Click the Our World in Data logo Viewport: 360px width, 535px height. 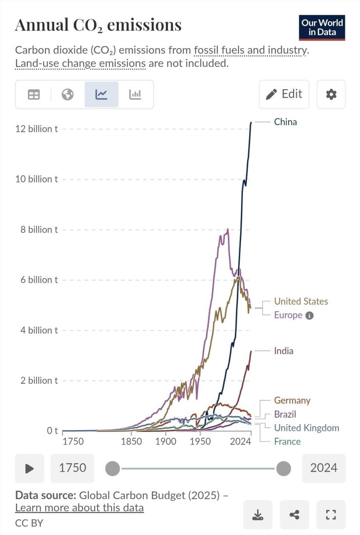pyautogui.click(x=322, y=28)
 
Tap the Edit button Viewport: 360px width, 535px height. pyautogui.click(x=284, y=94)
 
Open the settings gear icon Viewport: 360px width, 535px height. pyautogui.click(x=331, y=94)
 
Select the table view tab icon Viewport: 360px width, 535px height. pyautogui.click(x=34, y=94)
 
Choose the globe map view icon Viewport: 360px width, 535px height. pyautogui.click(x=68, y=94)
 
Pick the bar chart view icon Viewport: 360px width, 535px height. pyautogui.click(x=135, y=94)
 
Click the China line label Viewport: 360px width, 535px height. pyautogui.click(x=285, y=122)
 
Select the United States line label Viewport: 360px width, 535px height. pyautogui.click(x=301, y=301)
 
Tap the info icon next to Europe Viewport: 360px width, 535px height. pyautogui.click(x=309, y=315)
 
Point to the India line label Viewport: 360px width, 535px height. pyautogui.click(x=284, y=351)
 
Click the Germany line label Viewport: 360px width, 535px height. pyautogui.click(x=292, y=401)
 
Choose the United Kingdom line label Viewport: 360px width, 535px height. pyautogui.click(x=306, y=428)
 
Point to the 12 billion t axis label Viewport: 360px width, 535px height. pyautogui.click(x=36, y=129)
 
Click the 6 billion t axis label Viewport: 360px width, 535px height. pyautogui.click(x=39, y=280)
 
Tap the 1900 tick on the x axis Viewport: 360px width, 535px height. pyautogui.click(x=166, y=441)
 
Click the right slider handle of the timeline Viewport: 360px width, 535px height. pyautogui.click(x=284, y=468)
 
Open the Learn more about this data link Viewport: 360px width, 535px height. pyautogui.click(x=80, y=507)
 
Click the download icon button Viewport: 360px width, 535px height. pyautogui.click(x=258, y=515)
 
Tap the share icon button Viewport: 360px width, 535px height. pyautogui.click(x=294, y=515)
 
